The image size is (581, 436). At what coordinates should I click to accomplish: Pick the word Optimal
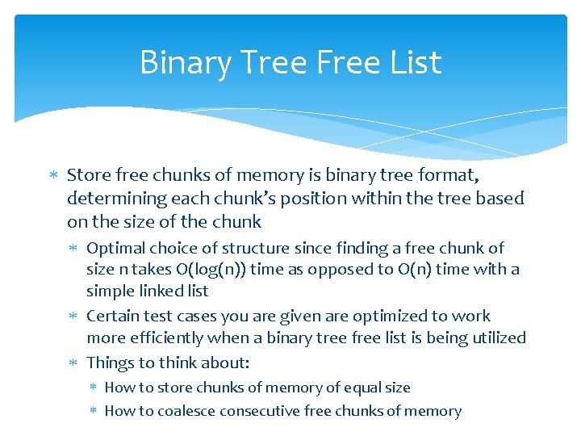pyautogui.click(x=116, y=249)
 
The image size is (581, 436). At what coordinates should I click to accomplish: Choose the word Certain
pyautogui.click(x=115, y=317)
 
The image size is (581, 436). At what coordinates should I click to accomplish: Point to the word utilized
pyautogui.click(x=494, y=337)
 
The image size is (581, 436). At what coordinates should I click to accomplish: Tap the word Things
pyautogui.click(x=110, y=363)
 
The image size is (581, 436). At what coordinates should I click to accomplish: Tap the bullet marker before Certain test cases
pyautogui.click(x=74, y=317)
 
